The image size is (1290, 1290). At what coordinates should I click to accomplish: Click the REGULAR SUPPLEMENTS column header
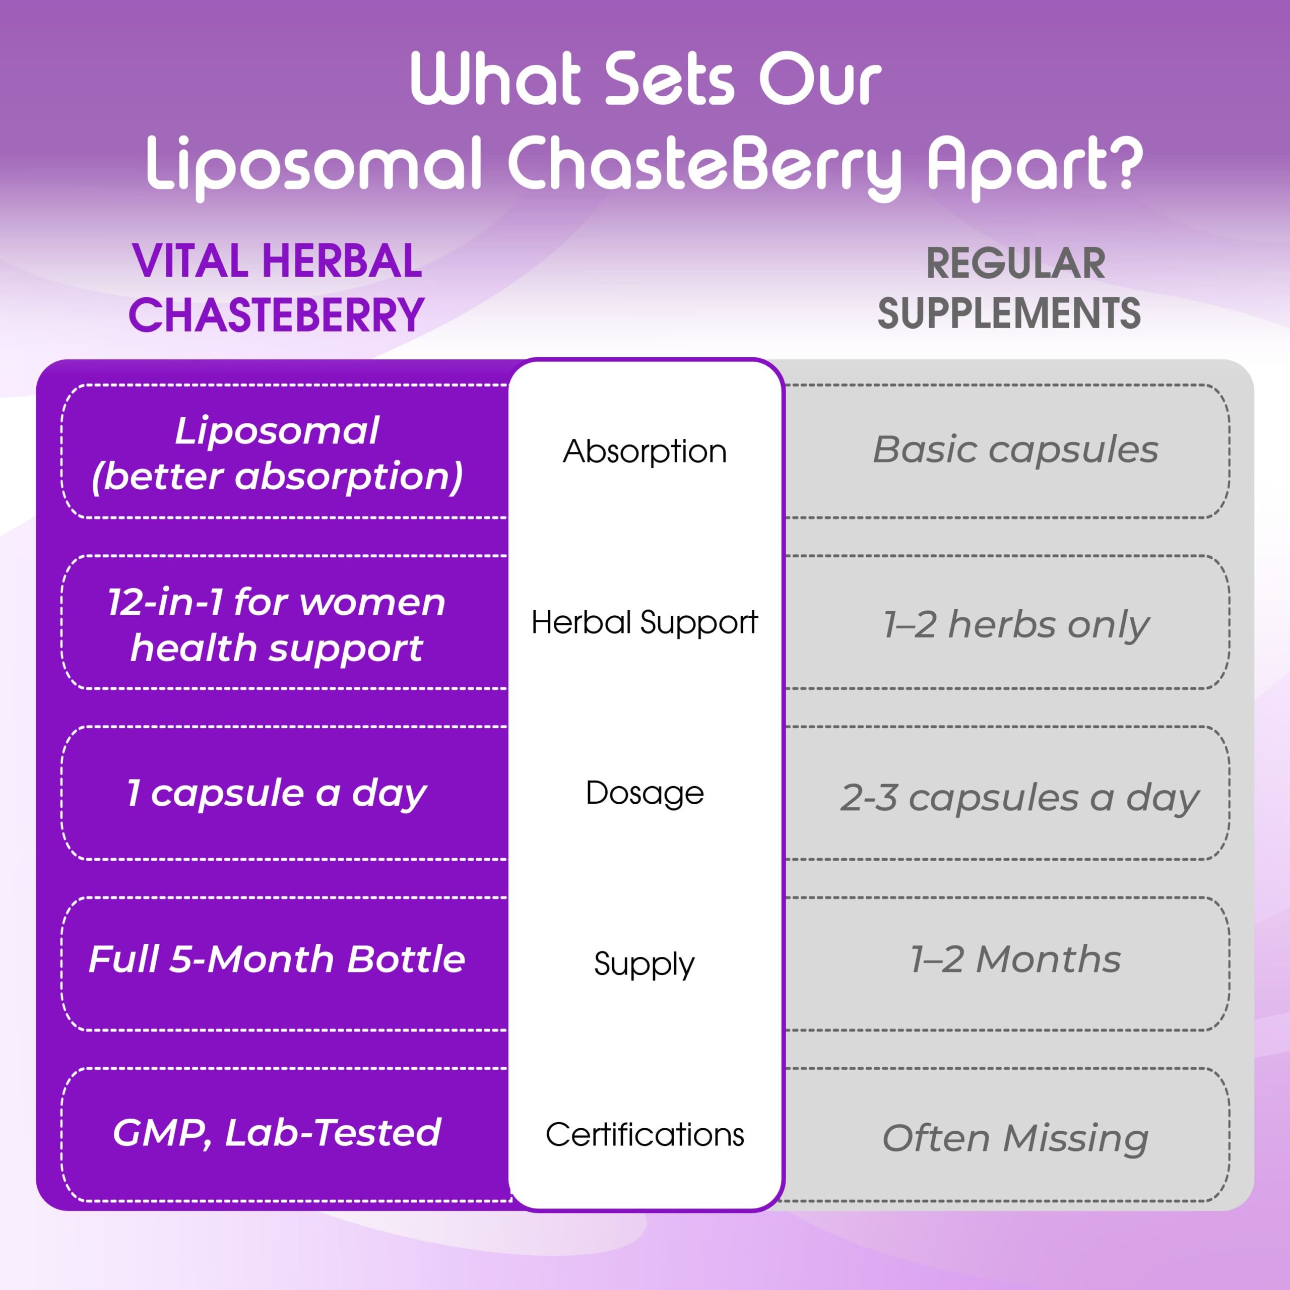(x=1009, y=288)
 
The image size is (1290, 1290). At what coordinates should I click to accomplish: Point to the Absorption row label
(x=644, y=452)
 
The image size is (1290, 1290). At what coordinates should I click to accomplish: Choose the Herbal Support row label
(x=644, y=623)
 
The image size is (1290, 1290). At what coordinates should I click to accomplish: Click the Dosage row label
(x=644, y=793)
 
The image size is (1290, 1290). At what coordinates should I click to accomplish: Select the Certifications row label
(x=644, y=1134)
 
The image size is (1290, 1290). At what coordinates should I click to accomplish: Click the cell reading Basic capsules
(x=1015, y=450)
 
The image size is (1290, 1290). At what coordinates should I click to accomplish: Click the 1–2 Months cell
(x=1015, y=959)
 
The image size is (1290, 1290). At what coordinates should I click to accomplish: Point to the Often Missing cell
(x=1015, y=1138)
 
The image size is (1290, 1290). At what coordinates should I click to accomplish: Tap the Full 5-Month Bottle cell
(x=277, y=959)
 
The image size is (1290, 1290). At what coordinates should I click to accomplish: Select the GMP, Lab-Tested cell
(x=277, y=1133)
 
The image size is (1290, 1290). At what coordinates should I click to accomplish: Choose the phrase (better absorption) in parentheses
(x=277, y=477)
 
